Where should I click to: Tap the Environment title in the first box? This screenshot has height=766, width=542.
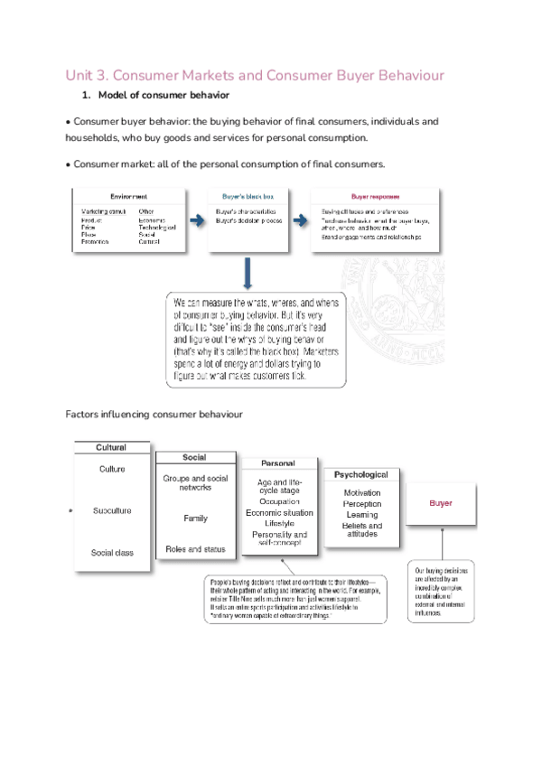tap(129, 195)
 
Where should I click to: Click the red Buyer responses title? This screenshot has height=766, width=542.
tap(376, 195)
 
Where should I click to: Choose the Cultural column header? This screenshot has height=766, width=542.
tap(112, 447)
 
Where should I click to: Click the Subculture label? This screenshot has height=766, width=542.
tap(112, 510)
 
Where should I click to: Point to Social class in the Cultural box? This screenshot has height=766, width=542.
tap(112, 552)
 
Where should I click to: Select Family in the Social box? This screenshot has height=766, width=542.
tap(195, 518)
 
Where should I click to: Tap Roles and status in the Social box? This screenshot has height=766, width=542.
tap(195, 548)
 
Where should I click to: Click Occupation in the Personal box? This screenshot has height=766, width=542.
tap(279, 500)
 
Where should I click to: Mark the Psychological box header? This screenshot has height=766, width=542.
tap(361, 474)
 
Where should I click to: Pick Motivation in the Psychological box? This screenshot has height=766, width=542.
tap(361, 492)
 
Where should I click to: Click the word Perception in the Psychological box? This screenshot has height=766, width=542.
tap(361, 503)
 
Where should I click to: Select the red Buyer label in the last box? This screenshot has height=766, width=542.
tap(440, 503)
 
